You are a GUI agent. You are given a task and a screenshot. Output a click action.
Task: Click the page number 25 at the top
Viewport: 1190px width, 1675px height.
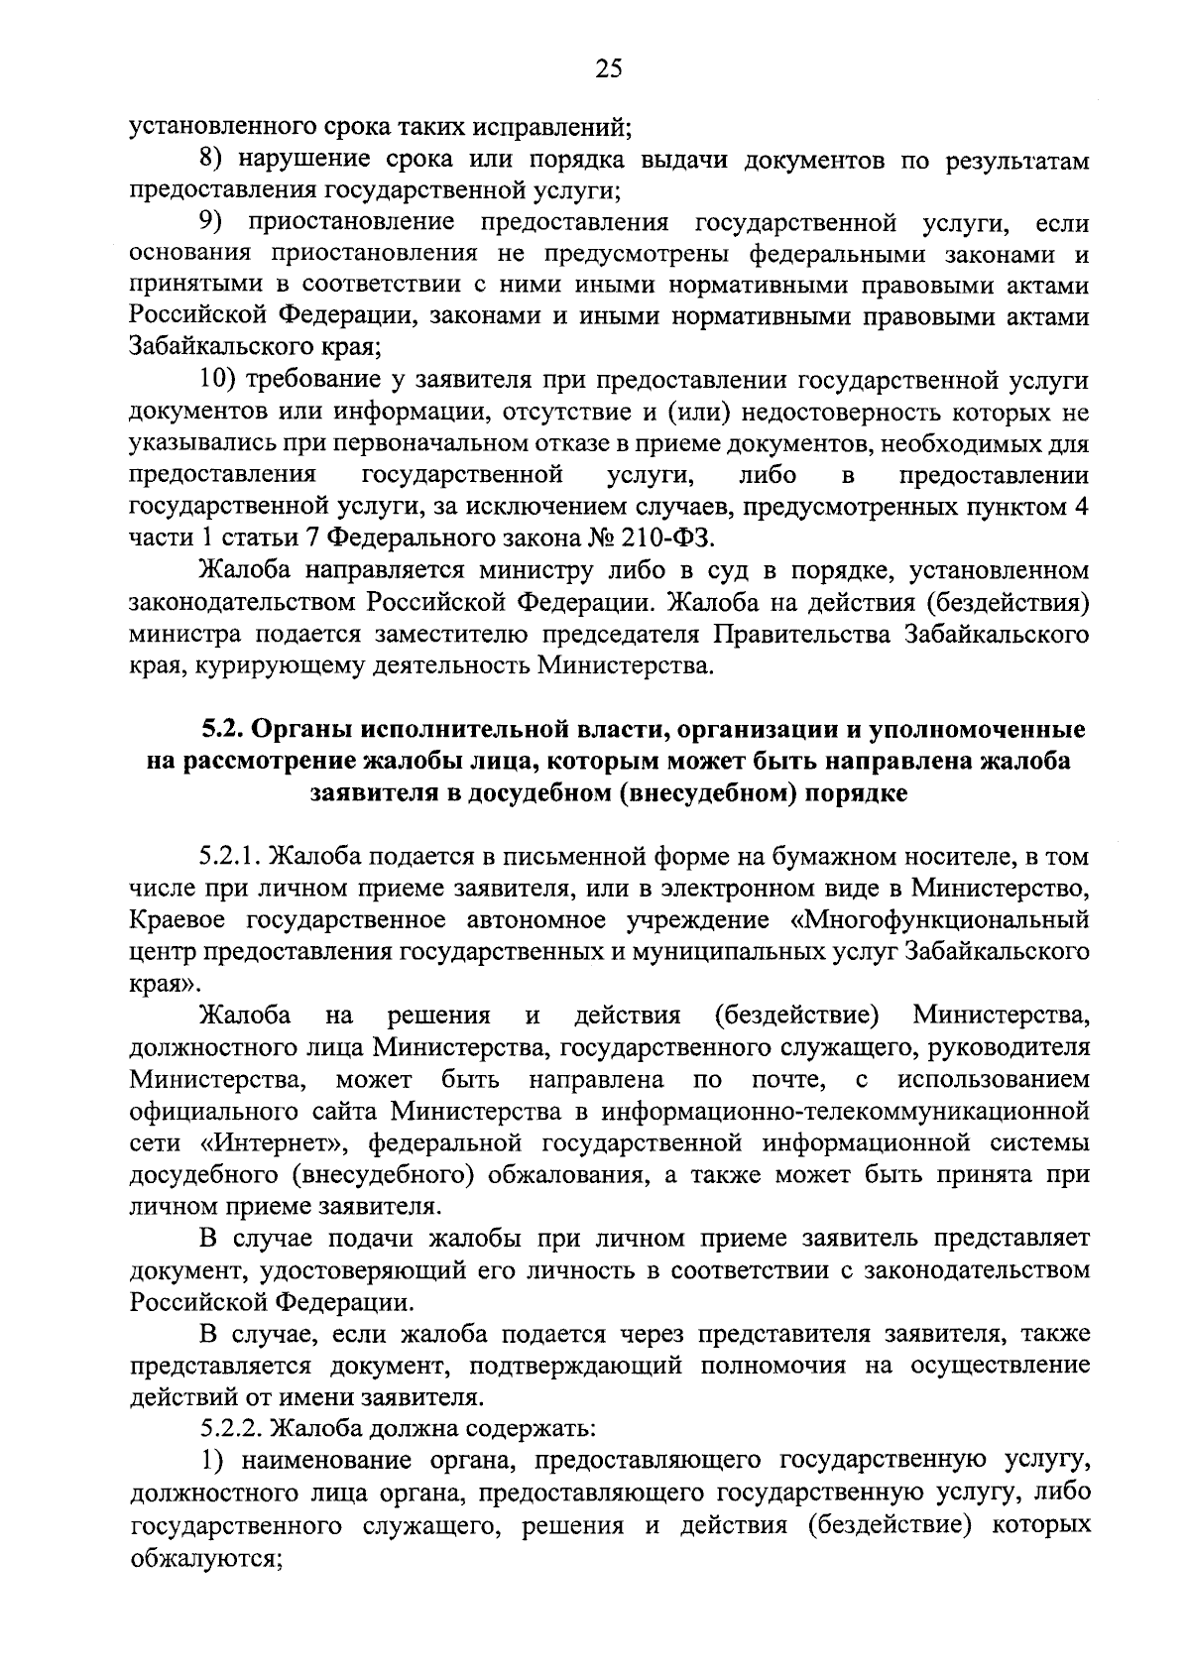click(608, 68)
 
